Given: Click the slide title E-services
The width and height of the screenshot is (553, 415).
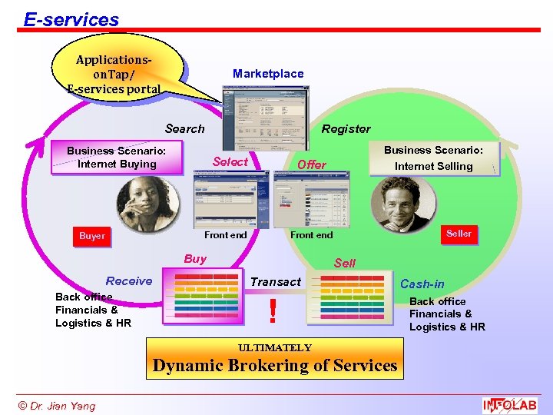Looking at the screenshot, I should (x=71, y=19).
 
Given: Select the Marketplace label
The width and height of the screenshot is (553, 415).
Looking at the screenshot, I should (x=268, y=74).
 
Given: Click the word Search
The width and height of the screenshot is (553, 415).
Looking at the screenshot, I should (x=185, y=129).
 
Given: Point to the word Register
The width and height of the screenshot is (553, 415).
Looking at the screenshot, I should (x=346, y=129).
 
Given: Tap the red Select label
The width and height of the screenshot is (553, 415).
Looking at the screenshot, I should (x=230, y=161).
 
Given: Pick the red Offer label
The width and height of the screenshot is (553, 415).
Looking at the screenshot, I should (x=312, y=164).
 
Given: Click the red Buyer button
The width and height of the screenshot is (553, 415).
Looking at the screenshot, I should (x=92, y=236).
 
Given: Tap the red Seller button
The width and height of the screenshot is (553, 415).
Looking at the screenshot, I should (x=459, y=234).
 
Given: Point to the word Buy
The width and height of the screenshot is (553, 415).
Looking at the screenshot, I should (x=195, y=259).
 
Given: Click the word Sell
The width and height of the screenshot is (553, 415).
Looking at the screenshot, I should (x=345, y=263).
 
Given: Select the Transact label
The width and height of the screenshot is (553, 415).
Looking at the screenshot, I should (x=276, y=282).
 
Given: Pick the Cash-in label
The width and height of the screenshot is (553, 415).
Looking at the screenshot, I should (x=422, y=284).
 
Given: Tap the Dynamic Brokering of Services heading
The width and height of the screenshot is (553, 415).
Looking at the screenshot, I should (x=275, y=366).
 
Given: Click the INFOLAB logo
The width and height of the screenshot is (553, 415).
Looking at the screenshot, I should (x=510, y=405).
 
